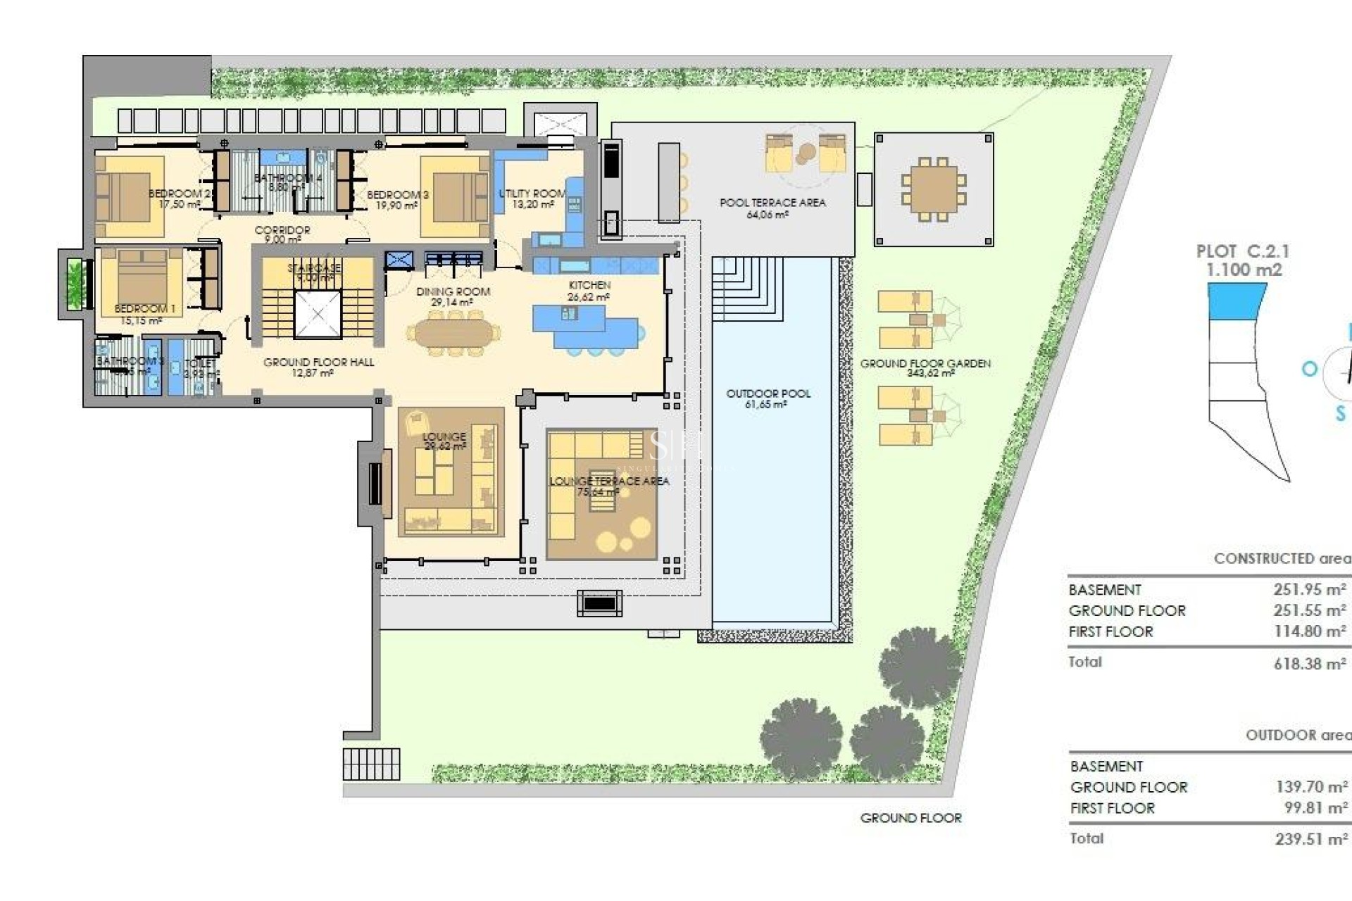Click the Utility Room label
point(532,194)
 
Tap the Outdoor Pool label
point(768,393)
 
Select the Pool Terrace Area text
point(772,203)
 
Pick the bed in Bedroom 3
point(455,197)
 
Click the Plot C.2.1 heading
point(1242,251)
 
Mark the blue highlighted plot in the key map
point(1236,301)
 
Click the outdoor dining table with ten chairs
point(933,189)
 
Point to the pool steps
point(746,289)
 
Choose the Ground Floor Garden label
point(925,364)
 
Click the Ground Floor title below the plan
point(910,818)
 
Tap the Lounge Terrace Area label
point(609,481)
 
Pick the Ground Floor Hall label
point(318,363)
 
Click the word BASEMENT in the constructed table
point(1104,590)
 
